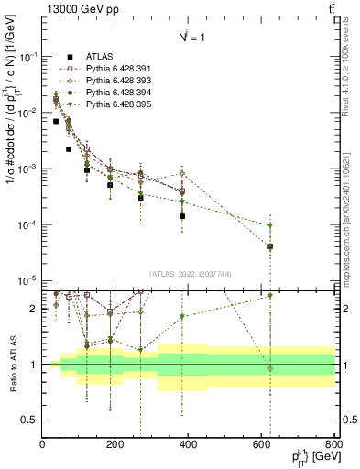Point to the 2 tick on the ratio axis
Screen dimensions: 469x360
coord(35,309)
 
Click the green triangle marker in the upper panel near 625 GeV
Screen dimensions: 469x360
coord(270,225)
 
